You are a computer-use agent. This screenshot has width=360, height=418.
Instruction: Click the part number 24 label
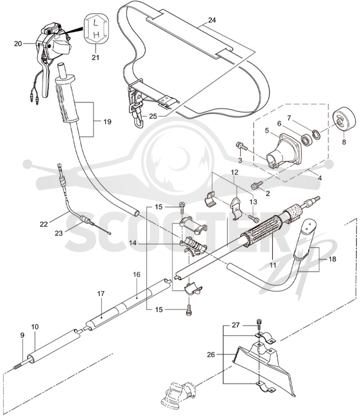(x=212, y=20)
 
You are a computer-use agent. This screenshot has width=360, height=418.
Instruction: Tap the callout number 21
(x=95, y=57)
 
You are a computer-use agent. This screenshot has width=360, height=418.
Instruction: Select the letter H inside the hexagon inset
(x=97, y=34)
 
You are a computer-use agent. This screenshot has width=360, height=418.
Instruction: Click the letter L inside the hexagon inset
(x=95, y=25)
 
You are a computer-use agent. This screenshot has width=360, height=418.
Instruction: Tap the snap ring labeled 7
(x=316, y=133)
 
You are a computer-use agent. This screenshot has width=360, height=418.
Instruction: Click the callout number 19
(x=107, y=122)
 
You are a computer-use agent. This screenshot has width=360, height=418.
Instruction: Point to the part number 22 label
(x=44, y=224)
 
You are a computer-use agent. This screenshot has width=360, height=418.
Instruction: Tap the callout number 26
(x=211, y=354)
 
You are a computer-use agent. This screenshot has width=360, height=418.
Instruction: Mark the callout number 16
(x=136, y=274)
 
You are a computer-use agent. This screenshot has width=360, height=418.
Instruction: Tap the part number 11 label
(x=272, y=265)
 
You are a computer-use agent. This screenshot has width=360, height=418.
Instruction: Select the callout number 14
(x=133, y=243)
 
